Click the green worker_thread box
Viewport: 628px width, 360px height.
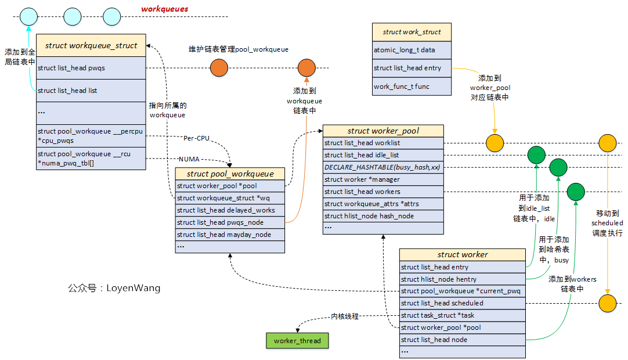point(297,341)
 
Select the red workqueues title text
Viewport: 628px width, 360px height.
point(165,9)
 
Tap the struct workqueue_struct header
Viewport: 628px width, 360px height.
point(91,45)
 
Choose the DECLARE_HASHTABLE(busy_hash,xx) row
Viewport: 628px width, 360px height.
point(382,167)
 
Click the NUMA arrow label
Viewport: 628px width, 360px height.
point(189,159)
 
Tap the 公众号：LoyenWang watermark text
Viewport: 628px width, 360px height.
point(114,288)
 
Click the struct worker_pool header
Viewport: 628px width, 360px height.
point(382,131)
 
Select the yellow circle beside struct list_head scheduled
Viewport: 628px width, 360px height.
point(607,303)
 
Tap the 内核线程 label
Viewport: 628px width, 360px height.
point(345,317)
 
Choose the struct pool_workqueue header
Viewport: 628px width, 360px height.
point(230,174)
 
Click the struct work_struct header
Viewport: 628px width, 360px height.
point(411,32)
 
